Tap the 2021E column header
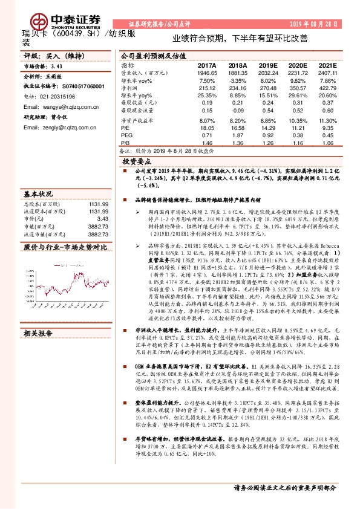tap(327, 65)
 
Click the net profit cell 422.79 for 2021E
tap(327, 88)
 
